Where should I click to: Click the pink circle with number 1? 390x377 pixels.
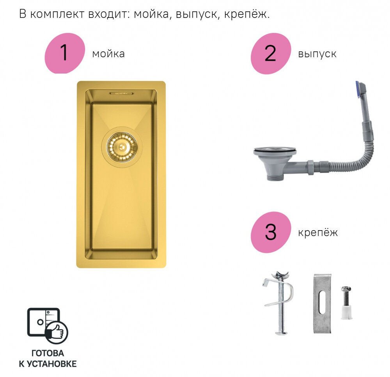tap(65, 53)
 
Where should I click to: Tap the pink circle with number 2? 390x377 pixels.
tap(271, 53)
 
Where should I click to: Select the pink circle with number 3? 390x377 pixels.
tap(271, 232)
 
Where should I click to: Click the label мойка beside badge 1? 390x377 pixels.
tap(108, 54)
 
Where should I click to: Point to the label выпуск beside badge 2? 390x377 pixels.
tap(317, 54)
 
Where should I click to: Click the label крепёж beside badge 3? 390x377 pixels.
tap(318, 233)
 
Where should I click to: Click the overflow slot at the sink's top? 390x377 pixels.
tap(122, 93)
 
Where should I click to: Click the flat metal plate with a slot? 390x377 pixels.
tap(322, 303)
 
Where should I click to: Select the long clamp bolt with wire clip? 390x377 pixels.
tap(279, 303)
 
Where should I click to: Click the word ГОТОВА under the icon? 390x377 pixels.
tap(48, 353)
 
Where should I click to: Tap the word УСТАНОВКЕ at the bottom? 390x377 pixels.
tap(51, 364)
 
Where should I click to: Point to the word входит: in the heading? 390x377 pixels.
tap(110, 14)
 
